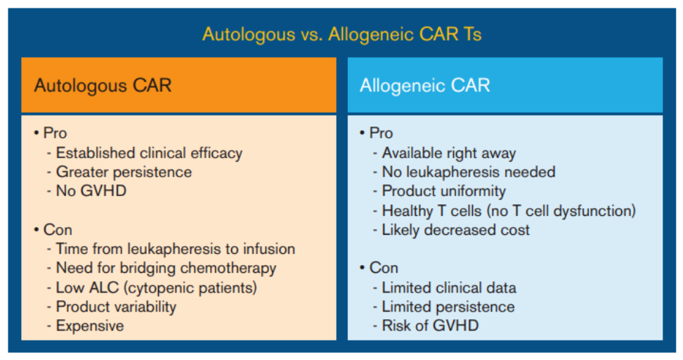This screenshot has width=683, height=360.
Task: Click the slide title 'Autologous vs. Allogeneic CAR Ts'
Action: pyautogui.click(x=342, y=34)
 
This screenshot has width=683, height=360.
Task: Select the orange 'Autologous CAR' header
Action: pyautogui.click(x=178, y=85)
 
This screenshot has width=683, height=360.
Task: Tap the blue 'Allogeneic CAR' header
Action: pyautogui.click(x=505, y=85)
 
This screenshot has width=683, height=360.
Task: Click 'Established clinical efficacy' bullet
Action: pyautogui.click(x=150, y=153)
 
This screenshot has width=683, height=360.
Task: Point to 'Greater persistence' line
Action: pyautogui.click(x=124, y=172)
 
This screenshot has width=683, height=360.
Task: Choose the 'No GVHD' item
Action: pyautogui.click(x=91, y=191)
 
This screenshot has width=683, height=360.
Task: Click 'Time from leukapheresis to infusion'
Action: pyautogui.click(x=176, y=249)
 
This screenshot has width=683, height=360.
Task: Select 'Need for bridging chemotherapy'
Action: pyautogui.click(x=166, y=268)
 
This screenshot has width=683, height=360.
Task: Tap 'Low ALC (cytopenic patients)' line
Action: pyautogui.click(x=157, y=288)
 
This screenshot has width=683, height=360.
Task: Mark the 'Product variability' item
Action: pyautogui.click(x=117, y=307)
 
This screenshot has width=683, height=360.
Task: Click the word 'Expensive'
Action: pyautogui.click(x=90, y=326)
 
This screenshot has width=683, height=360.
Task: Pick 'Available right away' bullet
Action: pyautogui.click(x=448, y=153)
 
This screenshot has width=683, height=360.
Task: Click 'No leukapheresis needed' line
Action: pyautogui.click(x=469, y=172)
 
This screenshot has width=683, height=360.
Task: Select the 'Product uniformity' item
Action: pyautogui.click(x=444, y=191)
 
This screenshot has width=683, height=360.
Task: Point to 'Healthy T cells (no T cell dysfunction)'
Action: pyautogui.click(x=509, y=211)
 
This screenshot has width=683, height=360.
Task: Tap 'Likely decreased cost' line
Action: pyautogui.click(x=455, y=230)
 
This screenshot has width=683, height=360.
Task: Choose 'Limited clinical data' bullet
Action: pyautogui.click(x=449, y=288)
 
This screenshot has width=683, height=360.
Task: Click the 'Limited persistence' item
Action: pyautogui.click(x=448, y=307)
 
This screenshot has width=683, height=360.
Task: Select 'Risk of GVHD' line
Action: pyautogui.click(x=430, y=326)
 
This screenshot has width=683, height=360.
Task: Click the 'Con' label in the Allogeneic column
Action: pyautogui.click(x=384, y=268)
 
